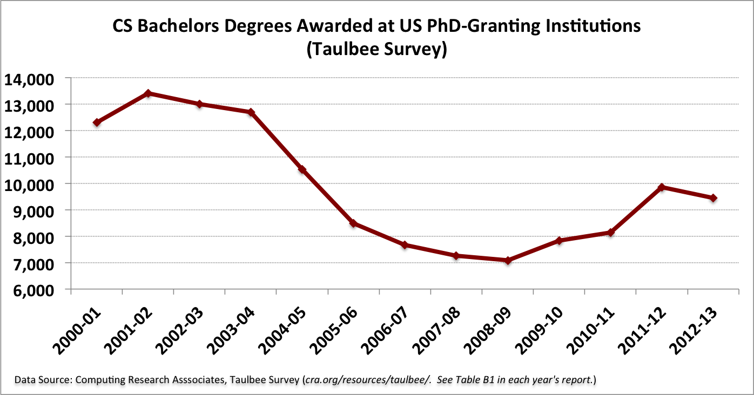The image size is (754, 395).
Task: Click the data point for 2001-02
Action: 148,93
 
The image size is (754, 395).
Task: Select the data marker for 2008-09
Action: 508,261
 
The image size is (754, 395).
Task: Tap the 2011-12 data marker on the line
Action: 662,187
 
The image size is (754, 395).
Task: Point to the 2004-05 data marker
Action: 302,170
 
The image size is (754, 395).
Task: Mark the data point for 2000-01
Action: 97,122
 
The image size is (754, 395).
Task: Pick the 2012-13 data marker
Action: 713,198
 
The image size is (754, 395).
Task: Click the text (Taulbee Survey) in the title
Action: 376,49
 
